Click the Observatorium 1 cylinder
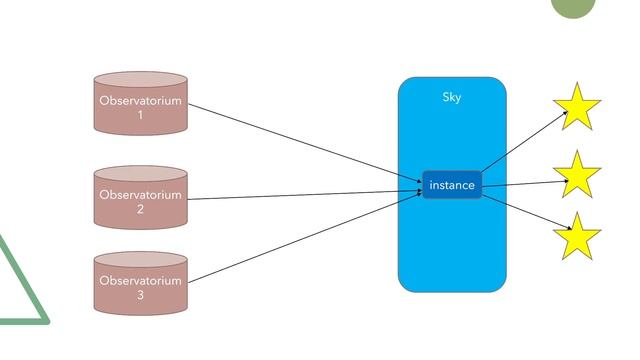pyautogui.click(x=140, y=103)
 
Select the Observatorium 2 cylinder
pyautogui.click(x=140, y=197)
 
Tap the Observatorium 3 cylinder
pyautogui.click(x=140, y=284)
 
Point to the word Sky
pyautogui.click(x=452, y=98)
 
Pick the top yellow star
pyautogui.click(x=577, y=107)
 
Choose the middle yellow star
pyautogui.click(x=577, y=175)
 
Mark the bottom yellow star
pyautogui.click(x=577, y=237)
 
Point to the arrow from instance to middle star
pyautogui.click(x=522, y=183)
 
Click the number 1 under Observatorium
pyautogui.click(x=140, y=115)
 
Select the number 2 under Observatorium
pyautogui.click(x=140, y=209)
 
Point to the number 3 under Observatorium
pyautogui.click(x=140, y=296)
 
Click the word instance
pyautogui.click(x=452, y=185)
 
